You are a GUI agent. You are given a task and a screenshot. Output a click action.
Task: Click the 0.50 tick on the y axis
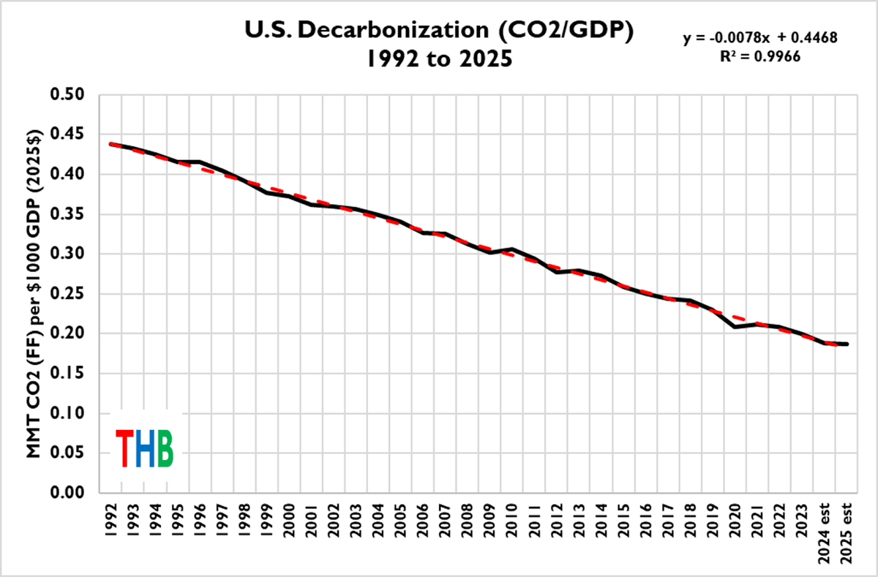pyautogui.click(x=70, y=95)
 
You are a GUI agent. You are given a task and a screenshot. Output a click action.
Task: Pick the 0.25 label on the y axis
pyautogui.click(x=70, y=294)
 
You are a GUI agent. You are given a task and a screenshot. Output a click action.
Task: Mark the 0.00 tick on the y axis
pyautogui.click(x=70, y=493)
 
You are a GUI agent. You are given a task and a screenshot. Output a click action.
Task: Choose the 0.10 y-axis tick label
pyautogui.click(x=70, y=413)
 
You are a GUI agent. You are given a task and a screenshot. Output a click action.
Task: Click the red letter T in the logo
pyautogui.click(x=125, y=449)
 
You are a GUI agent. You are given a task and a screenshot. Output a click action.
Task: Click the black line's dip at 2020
pyautogui.click(x=732, y=327)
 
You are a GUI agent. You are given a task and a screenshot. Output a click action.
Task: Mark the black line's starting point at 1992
pyautogui.click(x=111, y=144)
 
